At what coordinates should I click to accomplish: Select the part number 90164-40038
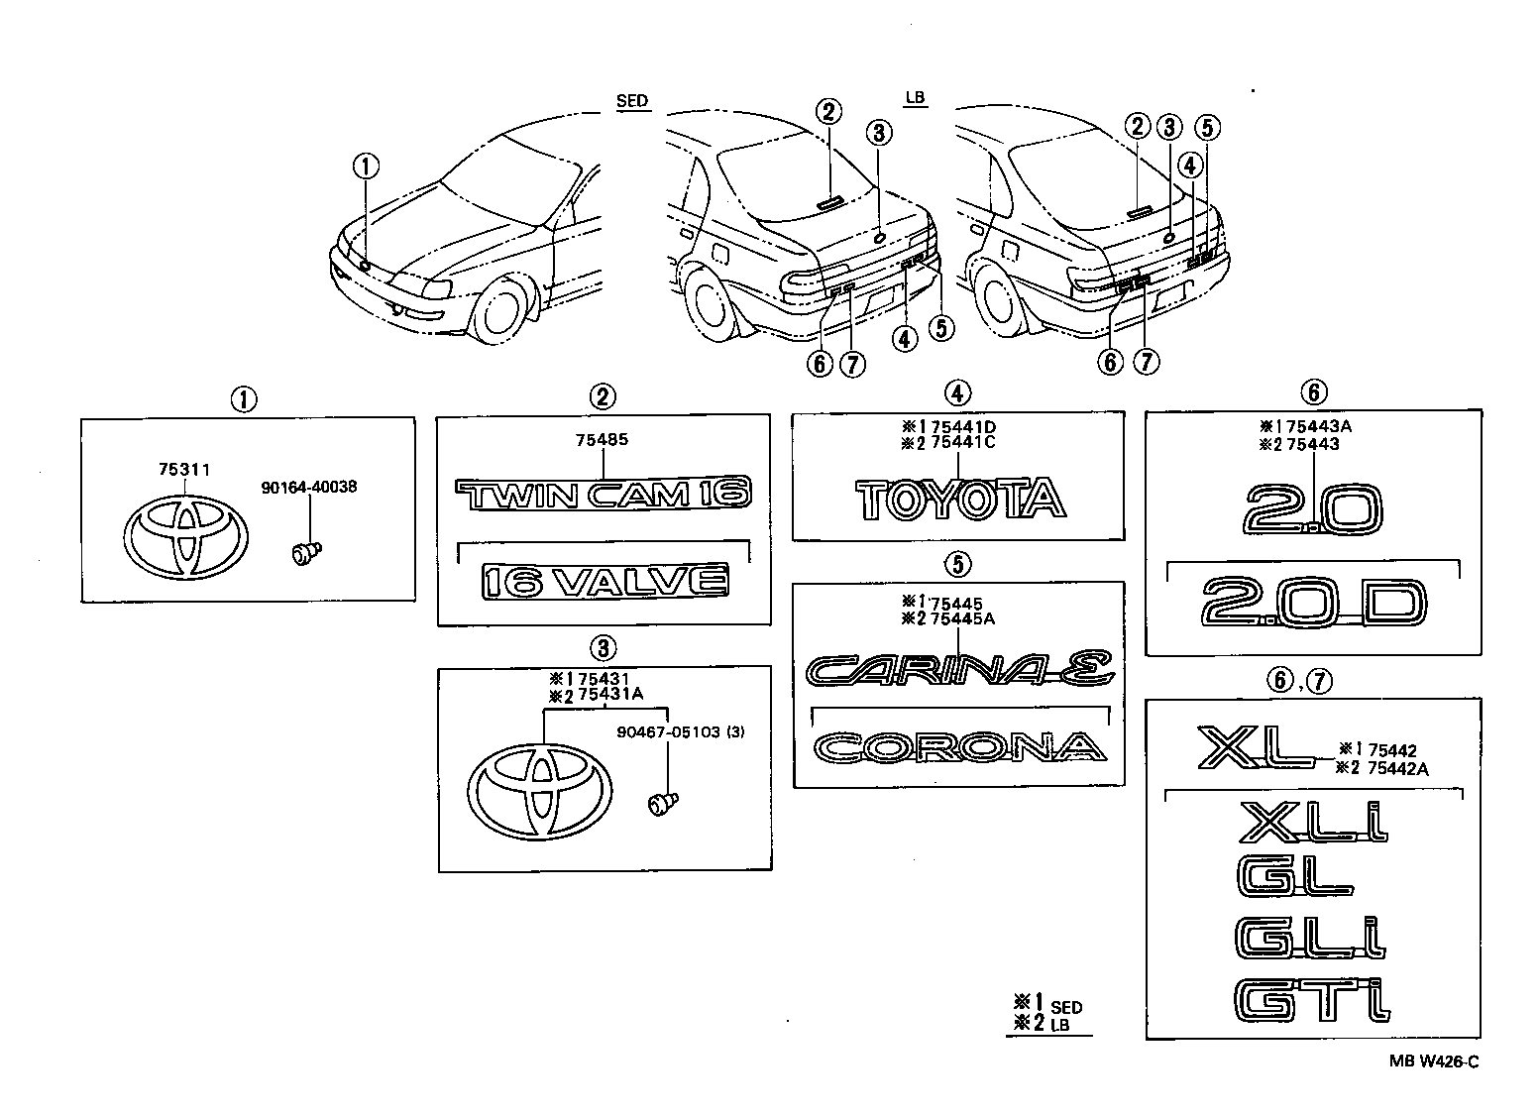coord(309,487)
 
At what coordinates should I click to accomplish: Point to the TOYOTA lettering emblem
coord(959,499)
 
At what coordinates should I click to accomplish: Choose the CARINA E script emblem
coord(959,670)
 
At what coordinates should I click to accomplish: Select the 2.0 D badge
coord(1313,604)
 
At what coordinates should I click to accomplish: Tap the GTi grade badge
coord(1311,1000)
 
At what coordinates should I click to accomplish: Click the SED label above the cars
coord(631,100)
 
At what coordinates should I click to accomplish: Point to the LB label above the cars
coord(914,97)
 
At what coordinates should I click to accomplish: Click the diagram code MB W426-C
coord(1433,1062)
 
